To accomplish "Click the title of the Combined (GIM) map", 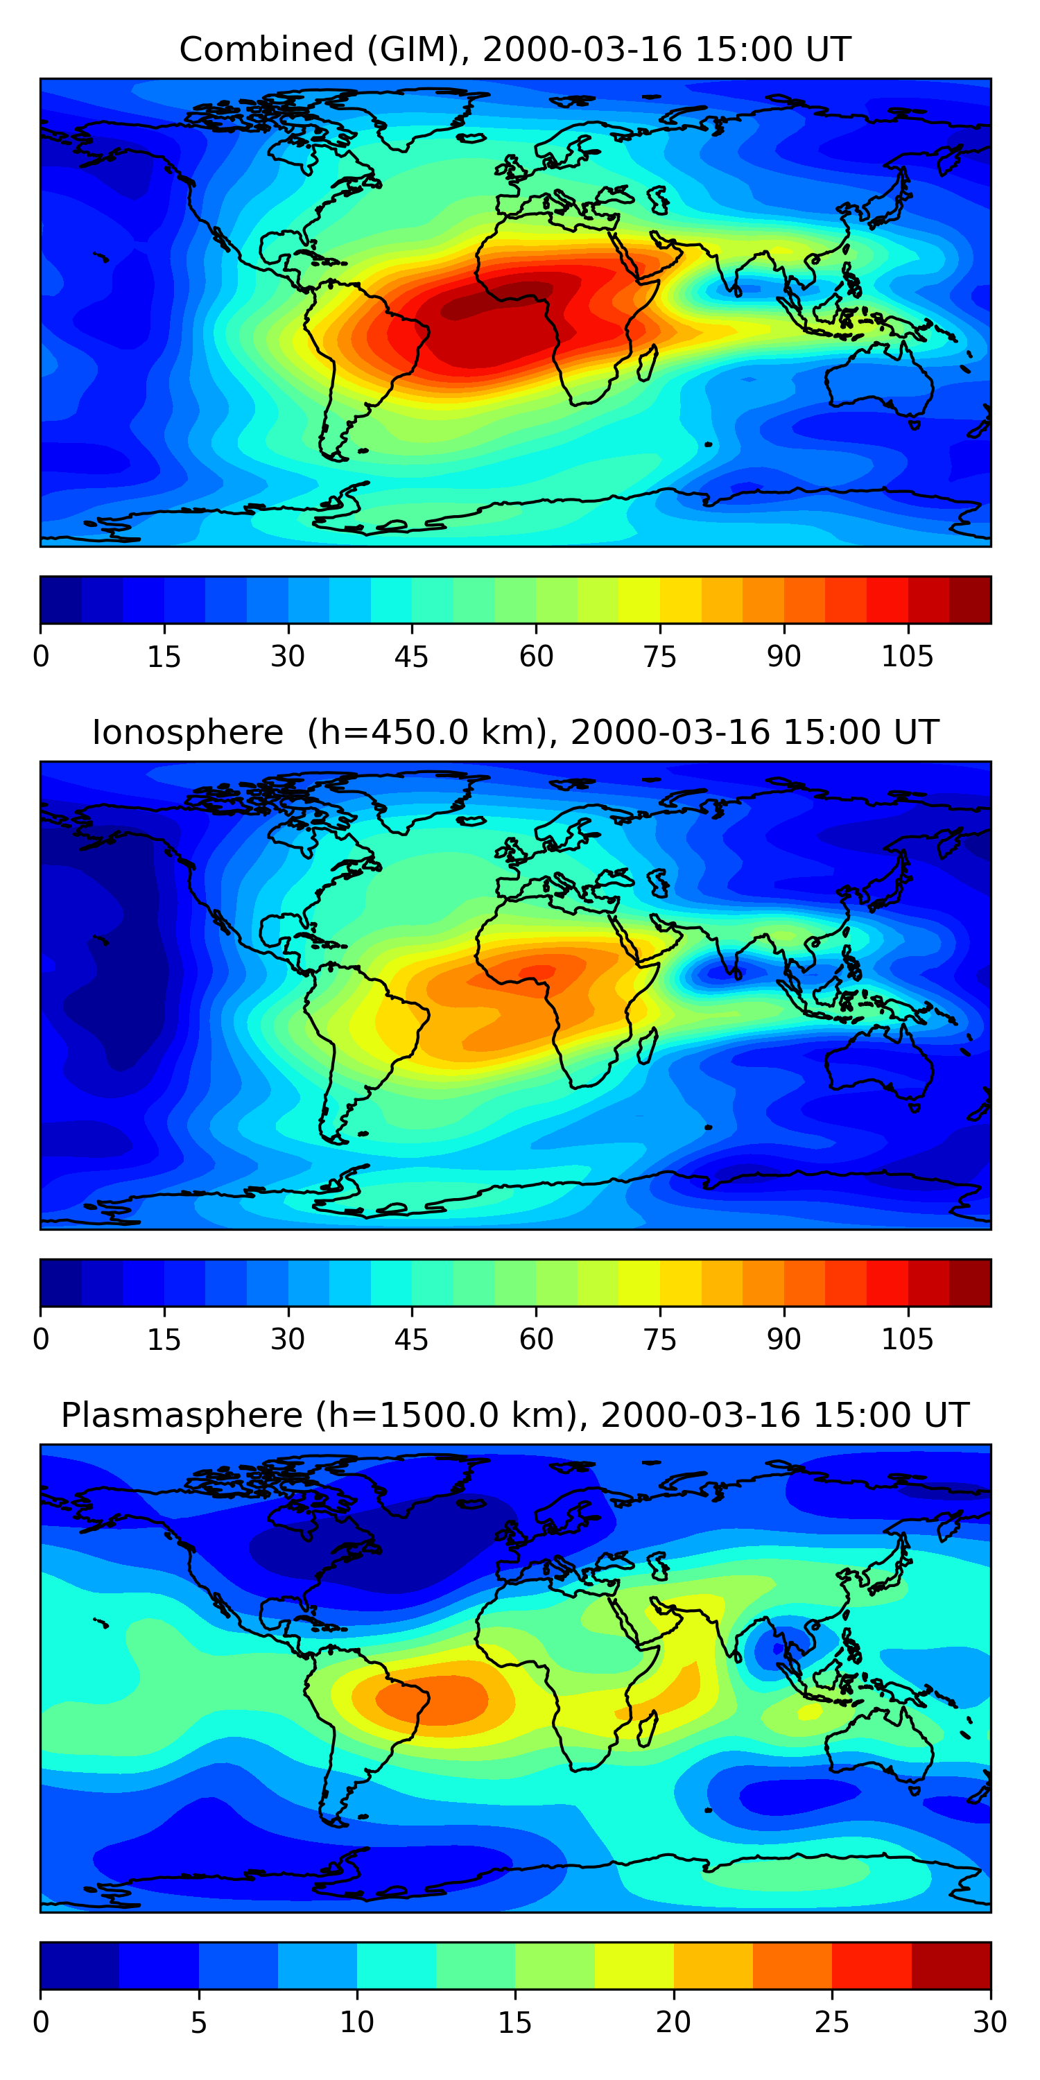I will [x=514, y=49].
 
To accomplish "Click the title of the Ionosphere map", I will [x=514, y=732].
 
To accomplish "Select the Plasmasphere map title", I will [x=514, y=1416].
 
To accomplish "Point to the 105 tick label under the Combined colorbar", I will [x=907, y=657].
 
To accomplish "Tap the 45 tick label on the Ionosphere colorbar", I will [x=411, y=1340].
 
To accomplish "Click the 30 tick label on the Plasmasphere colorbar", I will [x=990, y=2022].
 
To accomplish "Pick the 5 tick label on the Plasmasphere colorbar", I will [x=198, y=2022].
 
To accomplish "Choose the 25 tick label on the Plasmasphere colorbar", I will [x=832, y=2022].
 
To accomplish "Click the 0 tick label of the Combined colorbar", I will [x=41, y=657].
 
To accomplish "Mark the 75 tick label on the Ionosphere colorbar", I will [x=659, y=1340].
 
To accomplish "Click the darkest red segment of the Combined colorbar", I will [x=970, y=600].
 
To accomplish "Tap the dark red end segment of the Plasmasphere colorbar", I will [x=951, y=1966].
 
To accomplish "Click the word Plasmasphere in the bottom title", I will [x=182, y=1416].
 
